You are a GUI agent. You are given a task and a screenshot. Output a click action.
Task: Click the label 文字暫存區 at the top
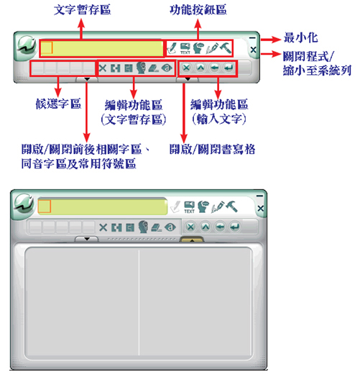[x=82, y=10]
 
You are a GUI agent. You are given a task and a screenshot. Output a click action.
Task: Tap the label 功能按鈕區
[x=198, y=10]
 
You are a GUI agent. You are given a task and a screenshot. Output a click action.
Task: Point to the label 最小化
[x=300, y=38]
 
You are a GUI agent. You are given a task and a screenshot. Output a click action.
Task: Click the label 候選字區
[x=58, y=104]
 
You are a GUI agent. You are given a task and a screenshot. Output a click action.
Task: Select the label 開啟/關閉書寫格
[x=212, y=150]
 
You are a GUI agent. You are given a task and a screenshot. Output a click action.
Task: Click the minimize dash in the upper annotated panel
[x=252, y=37]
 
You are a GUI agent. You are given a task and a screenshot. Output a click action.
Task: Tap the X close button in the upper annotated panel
[x=253, y=50]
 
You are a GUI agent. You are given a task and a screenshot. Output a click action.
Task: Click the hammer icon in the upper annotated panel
[x=226, y=47]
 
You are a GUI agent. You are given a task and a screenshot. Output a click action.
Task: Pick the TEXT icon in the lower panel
[x=189, y=207]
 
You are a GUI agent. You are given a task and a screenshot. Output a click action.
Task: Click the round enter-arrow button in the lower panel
[x=235, y=227]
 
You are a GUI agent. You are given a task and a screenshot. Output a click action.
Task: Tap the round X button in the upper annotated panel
[x=186, y=68]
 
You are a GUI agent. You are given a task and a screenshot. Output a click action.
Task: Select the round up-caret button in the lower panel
[x=206, y=227]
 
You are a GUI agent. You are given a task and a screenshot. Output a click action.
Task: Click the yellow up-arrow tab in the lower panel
[x=192, y=240]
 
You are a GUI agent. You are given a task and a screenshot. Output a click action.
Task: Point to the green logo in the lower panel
[x=24, y=205]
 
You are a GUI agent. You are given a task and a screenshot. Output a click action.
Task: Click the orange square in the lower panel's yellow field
[x=45, y=206]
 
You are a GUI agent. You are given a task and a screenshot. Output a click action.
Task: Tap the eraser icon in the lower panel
[x=157, y=227]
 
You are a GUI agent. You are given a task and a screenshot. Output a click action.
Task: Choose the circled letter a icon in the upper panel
[x=167, y=68]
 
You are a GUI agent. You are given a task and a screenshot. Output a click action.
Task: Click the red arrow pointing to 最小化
[x=271, y=39]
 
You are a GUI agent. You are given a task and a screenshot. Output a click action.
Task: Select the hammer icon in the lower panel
[x=231, y=206]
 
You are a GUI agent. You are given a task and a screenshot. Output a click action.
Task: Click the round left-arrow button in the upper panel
[x=214, y=68]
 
